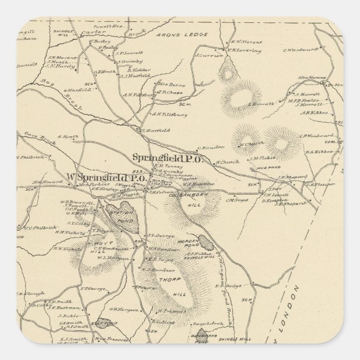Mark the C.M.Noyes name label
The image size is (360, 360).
point(236,200)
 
